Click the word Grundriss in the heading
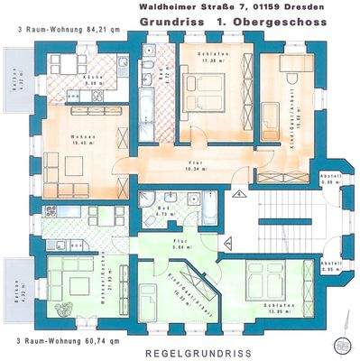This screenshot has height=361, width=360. coord(171,19)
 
